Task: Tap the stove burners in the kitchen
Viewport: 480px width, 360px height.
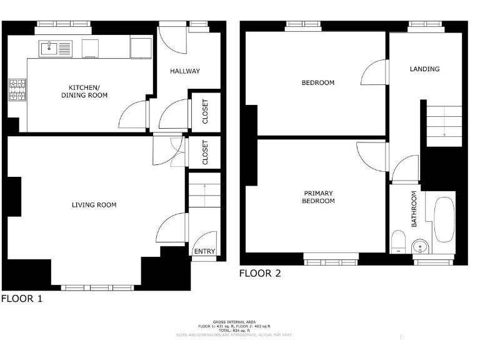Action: tap(17, 90)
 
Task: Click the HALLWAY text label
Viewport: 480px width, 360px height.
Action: tap(185, 71)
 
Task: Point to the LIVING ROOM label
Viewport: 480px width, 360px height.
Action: tap(94, 205)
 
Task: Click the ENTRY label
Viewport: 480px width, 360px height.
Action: tap(204, 251)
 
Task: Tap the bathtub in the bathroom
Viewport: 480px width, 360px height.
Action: tap(444, 220)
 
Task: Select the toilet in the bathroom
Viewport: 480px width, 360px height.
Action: tap(398, 242)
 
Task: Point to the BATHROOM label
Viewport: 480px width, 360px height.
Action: tap(414, 209)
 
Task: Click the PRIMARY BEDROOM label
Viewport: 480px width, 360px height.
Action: tap(318, 197)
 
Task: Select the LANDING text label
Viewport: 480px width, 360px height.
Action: tap(424, 69)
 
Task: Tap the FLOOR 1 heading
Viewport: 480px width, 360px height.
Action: tap(22, 299)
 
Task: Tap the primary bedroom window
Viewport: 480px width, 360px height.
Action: tap(331, 256)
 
